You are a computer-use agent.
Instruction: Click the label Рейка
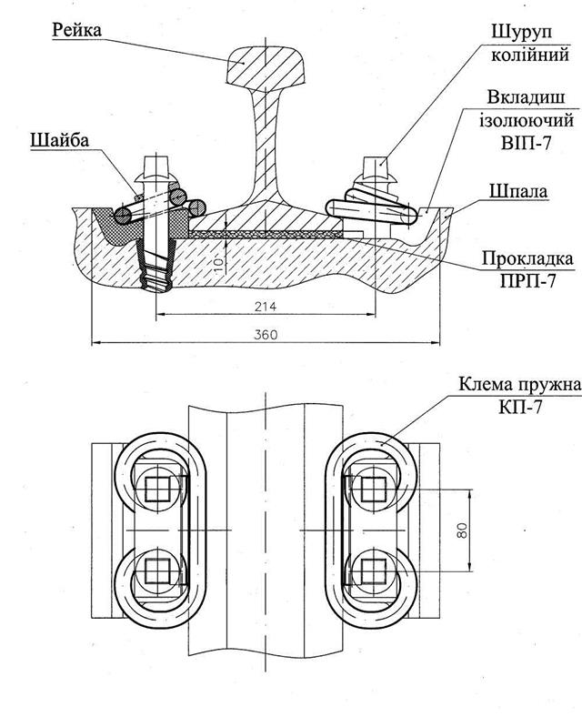click(x=76, y=31)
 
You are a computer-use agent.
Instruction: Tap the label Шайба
click(x=59, y=140)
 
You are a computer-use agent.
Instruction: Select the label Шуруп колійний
click(x=530, y=43)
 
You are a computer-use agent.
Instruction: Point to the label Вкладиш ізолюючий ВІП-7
click(x=527, y=119)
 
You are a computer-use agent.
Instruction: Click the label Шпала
click(x=518, y=191)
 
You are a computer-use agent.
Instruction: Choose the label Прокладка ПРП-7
click(x=527, y=269)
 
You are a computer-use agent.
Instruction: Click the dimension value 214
click(x=266, y=306)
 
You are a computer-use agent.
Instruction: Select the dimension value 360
click(x=266, y=334)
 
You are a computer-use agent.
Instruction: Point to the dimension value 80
click(x=462, y=530)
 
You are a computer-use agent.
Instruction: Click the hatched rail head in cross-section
click(x=266, y=67)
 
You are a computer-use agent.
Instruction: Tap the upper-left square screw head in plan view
click(x=157, y=489)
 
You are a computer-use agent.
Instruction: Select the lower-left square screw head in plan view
click(x=157, y=571)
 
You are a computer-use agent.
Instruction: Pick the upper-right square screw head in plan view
click(x=374, y=489)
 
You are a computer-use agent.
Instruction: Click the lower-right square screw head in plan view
click(x=374, y=571)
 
